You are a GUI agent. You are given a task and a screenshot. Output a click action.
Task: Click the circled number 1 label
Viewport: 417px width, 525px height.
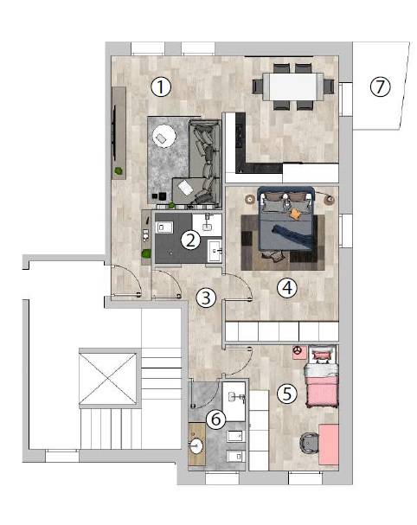161,87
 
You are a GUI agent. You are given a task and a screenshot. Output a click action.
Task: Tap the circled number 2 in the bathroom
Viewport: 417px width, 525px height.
190,240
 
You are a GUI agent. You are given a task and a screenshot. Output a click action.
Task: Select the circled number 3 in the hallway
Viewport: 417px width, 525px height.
206,298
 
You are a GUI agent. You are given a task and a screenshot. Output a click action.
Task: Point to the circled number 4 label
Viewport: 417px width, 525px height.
287,288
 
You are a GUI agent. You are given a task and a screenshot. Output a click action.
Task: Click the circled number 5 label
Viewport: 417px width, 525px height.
287,394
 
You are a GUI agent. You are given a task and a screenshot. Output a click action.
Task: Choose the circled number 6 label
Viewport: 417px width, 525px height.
216,419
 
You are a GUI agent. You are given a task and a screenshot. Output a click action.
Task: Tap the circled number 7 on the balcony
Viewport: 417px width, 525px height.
381,86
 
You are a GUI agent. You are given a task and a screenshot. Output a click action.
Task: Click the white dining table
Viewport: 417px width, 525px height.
292,86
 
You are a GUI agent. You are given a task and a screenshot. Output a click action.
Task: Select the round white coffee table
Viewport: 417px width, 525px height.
164,136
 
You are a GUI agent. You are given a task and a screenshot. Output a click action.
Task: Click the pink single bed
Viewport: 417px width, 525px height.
321,381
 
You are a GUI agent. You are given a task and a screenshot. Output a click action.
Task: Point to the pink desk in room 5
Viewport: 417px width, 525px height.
328,445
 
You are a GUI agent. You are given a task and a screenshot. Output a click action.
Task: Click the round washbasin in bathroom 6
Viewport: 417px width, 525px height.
196,445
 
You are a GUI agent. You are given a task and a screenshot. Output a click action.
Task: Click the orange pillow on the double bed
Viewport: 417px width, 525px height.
295,214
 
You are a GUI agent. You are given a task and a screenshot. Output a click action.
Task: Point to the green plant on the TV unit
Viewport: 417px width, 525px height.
119,171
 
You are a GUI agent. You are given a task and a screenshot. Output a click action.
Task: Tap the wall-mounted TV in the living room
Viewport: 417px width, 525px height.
114,133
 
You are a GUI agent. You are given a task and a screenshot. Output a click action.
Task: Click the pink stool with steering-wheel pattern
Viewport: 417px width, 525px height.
298,352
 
